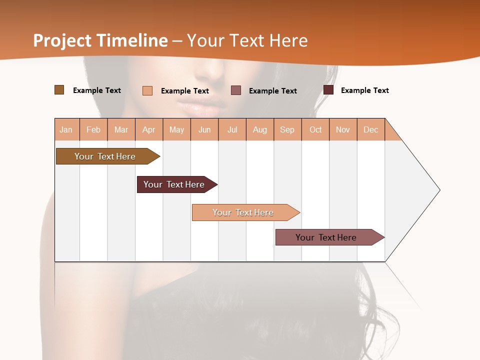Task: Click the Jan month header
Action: (66, 129)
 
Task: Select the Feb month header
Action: (93, 129)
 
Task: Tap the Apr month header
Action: (149, 129)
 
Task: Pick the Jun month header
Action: (204, 129)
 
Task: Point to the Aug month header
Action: (260, 129)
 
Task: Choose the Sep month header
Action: (287, 129)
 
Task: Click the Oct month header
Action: (315, 129)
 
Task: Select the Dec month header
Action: (371, 129)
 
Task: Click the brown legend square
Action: (59, 90)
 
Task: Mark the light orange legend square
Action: (147, 90)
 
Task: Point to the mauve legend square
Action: (236, 90)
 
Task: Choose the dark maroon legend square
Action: (328, 90)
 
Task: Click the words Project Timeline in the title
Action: (100, 40)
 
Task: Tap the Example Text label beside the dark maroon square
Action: (364, 90)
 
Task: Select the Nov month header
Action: (343, 129)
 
